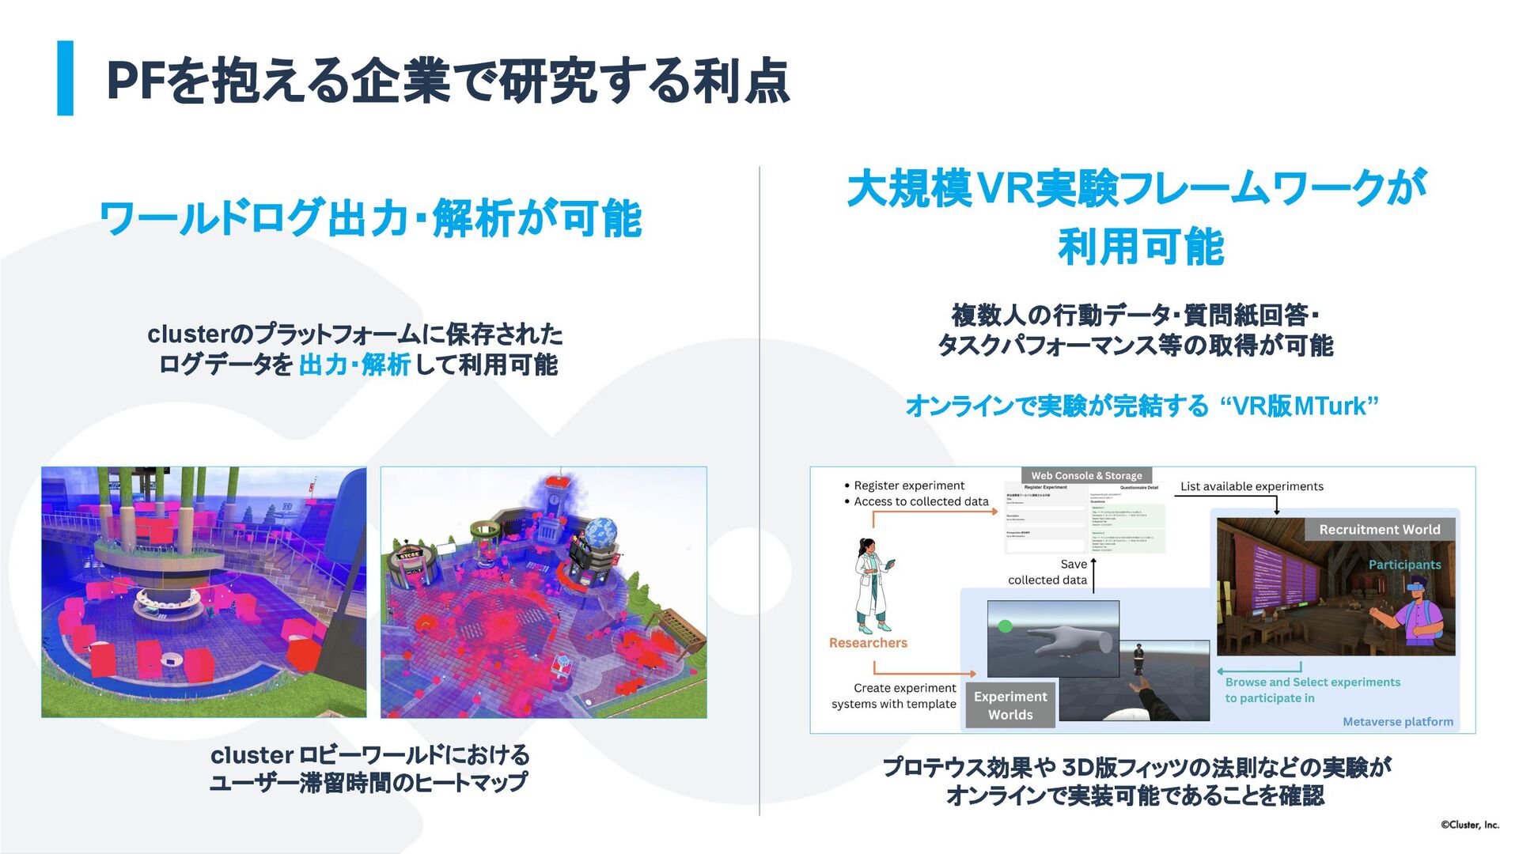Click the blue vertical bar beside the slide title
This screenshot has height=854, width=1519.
click(x=66, y=78)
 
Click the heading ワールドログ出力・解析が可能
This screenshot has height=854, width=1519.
click(x=370, y=218)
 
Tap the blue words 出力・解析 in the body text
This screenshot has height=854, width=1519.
click(x=354, y=365)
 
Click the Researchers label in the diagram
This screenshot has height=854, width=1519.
click(x=868, y=643)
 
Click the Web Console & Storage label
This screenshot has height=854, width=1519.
click(x=1086, y=475)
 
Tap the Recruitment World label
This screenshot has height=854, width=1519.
click(x=1379, y=530)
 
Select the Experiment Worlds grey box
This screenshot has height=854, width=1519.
click(x=1010, y=705)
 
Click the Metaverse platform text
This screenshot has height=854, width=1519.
click(x=1397, y=721)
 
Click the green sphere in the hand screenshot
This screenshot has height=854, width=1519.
click(x=1005, y=626)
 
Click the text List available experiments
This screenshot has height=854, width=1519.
click(x=1252, y=486)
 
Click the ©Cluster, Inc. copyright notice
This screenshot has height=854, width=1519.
click(x=1469, y=825)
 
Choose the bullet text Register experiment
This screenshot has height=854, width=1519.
click(x=909, y=486)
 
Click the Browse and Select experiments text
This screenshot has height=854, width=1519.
click(x=1312, y=682)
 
